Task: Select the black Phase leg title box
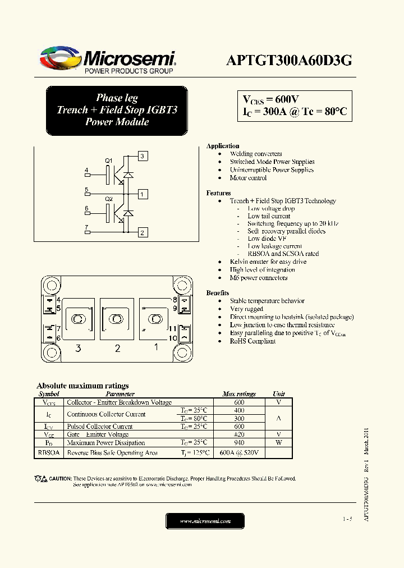[117, 110]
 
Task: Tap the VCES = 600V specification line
[271, 99]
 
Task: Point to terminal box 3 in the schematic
[143, 156]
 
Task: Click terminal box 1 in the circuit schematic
[143, 194]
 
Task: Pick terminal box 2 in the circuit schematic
[143, 232]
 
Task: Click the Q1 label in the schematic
[109, 161]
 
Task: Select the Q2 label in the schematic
[109, 199]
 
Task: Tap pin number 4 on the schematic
[86, 170]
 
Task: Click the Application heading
[223, 146]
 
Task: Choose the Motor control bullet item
[248, 178]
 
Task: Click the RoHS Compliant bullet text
[252, 341]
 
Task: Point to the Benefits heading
[218, 293]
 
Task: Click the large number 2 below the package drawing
[117, 349]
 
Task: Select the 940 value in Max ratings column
[239, 442]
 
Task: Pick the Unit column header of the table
[279, 394]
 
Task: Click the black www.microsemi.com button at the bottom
[205, 521]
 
